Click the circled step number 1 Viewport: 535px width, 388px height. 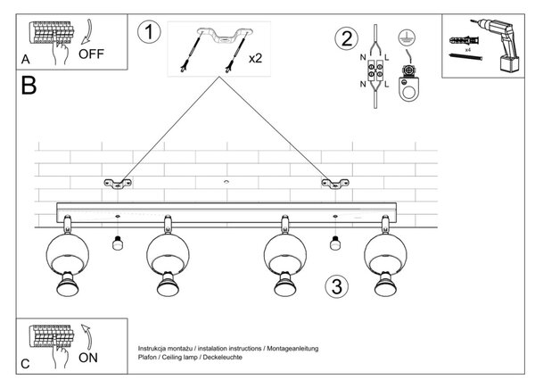(x=149, y=32)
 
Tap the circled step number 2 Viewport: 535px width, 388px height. (x=347, y=38)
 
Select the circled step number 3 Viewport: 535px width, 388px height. (x=337, y=286)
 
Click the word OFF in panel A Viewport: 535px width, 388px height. (x=91, y=54)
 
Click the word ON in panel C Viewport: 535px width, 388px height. (x=88, y=358)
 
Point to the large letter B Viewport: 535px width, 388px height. (x=29, y=86)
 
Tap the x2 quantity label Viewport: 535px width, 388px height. (x=255, y=58)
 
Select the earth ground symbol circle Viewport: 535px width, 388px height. (x=407, y=37)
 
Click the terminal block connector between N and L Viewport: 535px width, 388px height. (x=375, y=70)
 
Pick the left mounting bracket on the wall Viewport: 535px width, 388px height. (x=118, y=184)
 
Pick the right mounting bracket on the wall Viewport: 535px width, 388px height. (x=335, y=184)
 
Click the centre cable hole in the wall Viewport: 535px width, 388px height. (x=226, y=182)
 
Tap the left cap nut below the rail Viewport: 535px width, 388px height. (x=118, y=243)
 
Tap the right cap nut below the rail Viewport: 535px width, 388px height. (x=335, y=243)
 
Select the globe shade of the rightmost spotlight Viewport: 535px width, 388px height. (x=385, y=254)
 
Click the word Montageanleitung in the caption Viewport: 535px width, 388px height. (x=292, y=349)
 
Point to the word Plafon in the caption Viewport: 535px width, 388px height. (x=147, y=358)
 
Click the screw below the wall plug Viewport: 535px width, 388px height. (x=465, y=56)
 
